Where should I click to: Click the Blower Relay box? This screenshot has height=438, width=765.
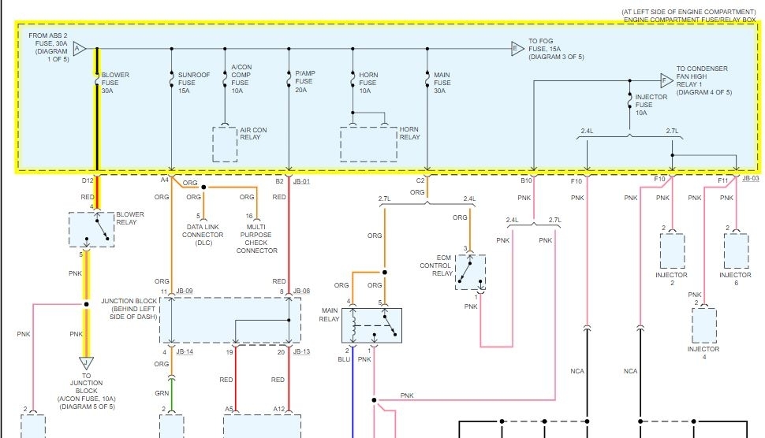click(x=91, y=228)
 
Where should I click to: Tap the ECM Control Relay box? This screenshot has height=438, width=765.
click(x=470, y=272)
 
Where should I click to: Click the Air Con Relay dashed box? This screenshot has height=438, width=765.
click(x=225, y=144)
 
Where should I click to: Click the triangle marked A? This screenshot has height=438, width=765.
click(x=78, y=49)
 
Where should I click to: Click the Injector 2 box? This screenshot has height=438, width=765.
click(x=672, y=251)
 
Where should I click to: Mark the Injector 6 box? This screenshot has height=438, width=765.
click(x=736, y=251)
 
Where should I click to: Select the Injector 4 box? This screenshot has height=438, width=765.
click(x=703, y=325)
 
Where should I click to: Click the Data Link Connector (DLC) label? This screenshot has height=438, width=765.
click(x=203, y=235)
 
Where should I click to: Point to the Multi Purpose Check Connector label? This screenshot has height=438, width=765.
click(x=257, y=239)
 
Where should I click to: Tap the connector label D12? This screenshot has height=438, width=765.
click(x=87, y=180)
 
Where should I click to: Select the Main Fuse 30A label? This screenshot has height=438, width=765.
click(x=442, y=83)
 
